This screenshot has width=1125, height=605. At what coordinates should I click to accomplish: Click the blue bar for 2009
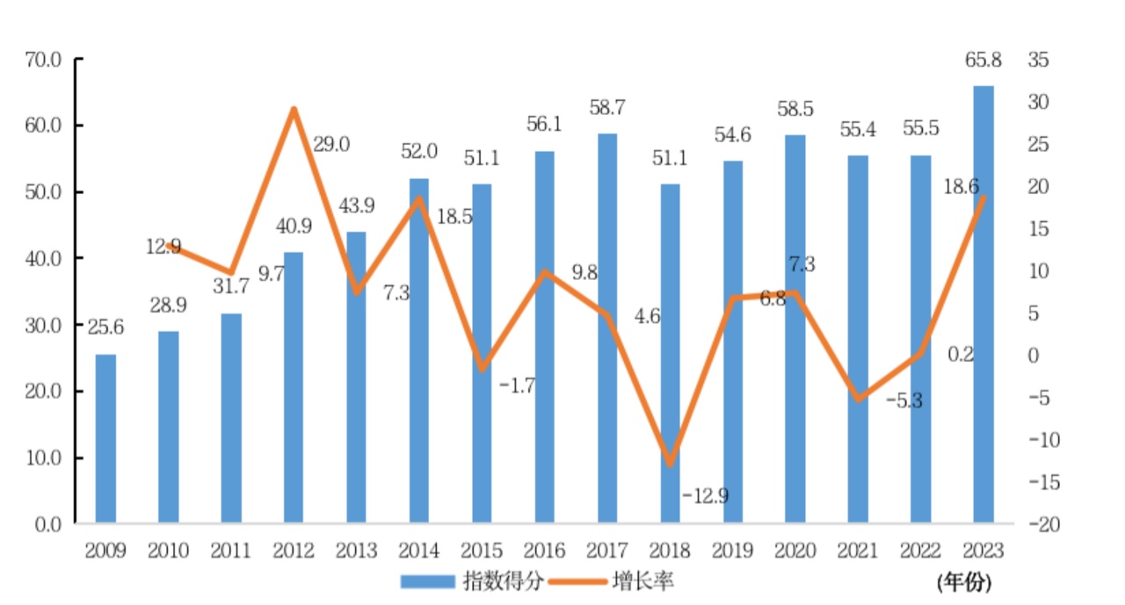pyautogui.click(x=105, y=439)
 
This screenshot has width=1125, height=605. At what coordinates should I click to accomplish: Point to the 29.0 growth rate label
pyautogui.click(x=331, y=145)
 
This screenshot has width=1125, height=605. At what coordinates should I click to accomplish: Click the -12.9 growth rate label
pyautogui.click(x=705, y=496)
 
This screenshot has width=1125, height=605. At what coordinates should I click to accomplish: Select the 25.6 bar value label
pyautogui.click(x=105, y=328)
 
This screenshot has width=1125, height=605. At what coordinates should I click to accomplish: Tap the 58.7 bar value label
pyautogui.click(x=606, y=108)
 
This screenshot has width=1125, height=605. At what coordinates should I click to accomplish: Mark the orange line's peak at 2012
pyautogui.click(x=294, y=110)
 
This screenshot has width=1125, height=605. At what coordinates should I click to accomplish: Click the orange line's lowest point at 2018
pyautogui.click(x=670, y=463)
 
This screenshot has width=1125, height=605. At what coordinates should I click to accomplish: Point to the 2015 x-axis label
pyautogui.click(x=482, y=551)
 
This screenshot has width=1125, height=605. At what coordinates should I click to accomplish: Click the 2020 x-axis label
pyautogui.click(x=795, y=551)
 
